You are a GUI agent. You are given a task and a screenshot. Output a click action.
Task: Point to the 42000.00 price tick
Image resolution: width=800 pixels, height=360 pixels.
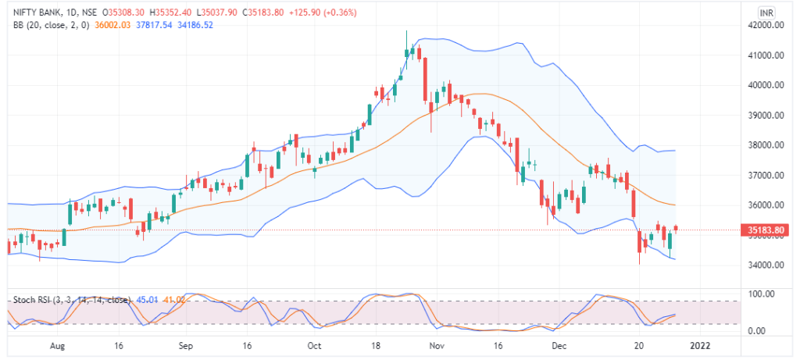point(765,26)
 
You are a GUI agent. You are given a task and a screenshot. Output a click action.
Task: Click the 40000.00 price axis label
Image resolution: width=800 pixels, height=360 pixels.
point(765,85)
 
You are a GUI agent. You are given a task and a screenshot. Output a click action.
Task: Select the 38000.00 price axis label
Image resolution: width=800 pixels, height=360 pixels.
point(765,145)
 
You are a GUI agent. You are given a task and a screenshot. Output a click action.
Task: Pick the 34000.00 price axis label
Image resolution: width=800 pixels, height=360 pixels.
point(765,266)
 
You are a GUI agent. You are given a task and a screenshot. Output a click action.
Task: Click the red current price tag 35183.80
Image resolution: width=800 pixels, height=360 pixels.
point(766,230)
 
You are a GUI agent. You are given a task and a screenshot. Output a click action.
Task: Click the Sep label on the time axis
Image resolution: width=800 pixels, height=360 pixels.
point(185,344)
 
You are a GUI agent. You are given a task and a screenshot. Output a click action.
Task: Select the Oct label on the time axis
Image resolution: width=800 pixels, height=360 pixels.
point(314,344)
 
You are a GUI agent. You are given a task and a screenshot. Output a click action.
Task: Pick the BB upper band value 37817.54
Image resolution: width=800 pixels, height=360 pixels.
point(154,26)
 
